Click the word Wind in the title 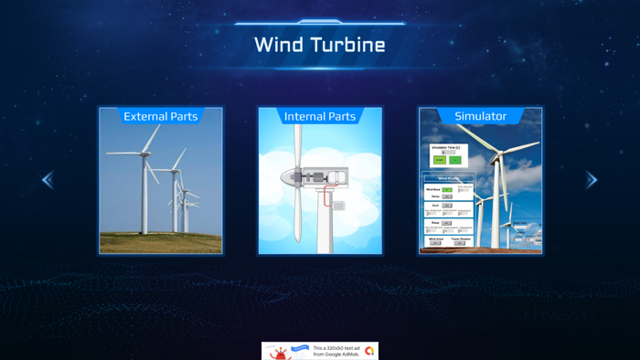[278, 45]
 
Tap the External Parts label [161, 116]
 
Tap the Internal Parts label [320, 116]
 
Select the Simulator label [480, 116]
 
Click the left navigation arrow [48, 180]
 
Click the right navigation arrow [592, 180]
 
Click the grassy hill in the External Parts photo [161, 242]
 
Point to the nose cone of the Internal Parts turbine [286, 176]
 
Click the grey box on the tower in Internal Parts [338, 206]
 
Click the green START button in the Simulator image [440, 160]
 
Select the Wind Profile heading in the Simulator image [448, 179]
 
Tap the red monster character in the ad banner [279, 353]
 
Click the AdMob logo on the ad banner [369, 351]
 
